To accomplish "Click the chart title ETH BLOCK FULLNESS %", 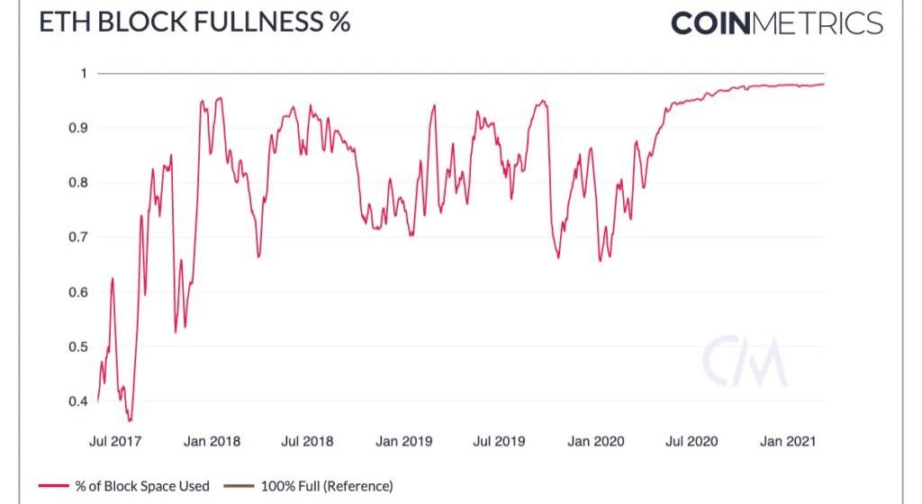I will tap(194, 22).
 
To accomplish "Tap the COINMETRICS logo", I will tap(776, 23).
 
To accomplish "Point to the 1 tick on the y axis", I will tap(83, 74).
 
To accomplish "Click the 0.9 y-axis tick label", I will tap(78, 129).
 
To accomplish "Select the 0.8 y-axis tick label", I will tap(78, 184).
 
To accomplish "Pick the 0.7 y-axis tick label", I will tap(78, 238).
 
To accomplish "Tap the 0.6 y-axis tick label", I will tap(78, 292).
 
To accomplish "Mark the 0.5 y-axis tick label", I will tap(78, 347).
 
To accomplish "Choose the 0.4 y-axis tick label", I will tap(78, 401).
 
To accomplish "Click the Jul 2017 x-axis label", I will tap(115, 441).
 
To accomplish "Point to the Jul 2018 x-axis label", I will tap(307, 441).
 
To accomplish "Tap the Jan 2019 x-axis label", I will tap(403, 441).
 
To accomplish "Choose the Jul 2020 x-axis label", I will tap(691, 441).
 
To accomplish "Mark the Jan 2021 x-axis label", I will tap(788, 441).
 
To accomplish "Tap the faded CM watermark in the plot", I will tap(744, 363).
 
